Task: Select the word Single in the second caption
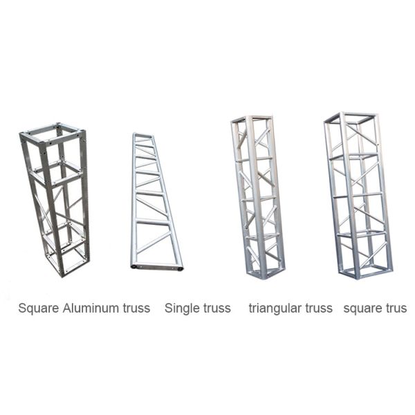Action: click(x=182, y=308)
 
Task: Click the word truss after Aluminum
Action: click(x=135, y=308)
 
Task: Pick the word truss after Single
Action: click(x=216, y=308)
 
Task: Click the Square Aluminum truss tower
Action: click(x=55, y=201)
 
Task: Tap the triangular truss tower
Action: click(x=257, y=197)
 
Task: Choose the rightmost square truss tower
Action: click(x=358, y=194)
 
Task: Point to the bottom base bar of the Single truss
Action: click(x=157, y=266)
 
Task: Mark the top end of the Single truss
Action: click(x=143, y=136)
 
